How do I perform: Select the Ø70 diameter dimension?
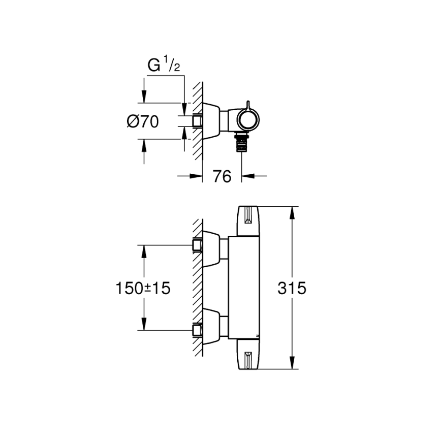coord(142,121)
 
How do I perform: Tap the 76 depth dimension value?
coord(222,176)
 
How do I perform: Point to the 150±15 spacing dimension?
coord(142,289)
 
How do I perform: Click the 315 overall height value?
coord(292,289)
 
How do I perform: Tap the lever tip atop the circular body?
coord(248,104)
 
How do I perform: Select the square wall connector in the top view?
coord(198,121)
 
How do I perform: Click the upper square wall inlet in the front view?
coord(198,245)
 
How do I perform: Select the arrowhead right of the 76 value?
coord(247,176)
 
